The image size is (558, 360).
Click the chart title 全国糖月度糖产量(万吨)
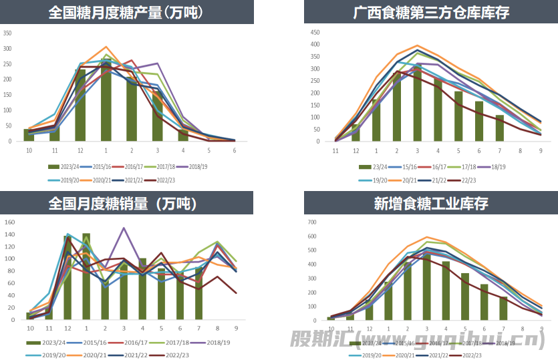point(126,12)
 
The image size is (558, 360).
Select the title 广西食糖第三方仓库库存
point(431,12)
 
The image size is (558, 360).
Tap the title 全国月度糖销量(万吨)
point(126,203)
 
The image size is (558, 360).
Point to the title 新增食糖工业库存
point(431,203)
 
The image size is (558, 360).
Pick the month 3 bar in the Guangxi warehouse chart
point(417,107)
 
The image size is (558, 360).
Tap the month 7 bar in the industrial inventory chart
point(503,308)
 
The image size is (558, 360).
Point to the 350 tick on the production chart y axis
point(7,33)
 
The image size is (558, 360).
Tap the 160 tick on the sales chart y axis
point(9,222)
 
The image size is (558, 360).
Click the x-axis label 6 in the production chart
point(234,150)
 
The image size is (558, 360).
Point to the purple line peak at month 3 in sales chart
point(124,228)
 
